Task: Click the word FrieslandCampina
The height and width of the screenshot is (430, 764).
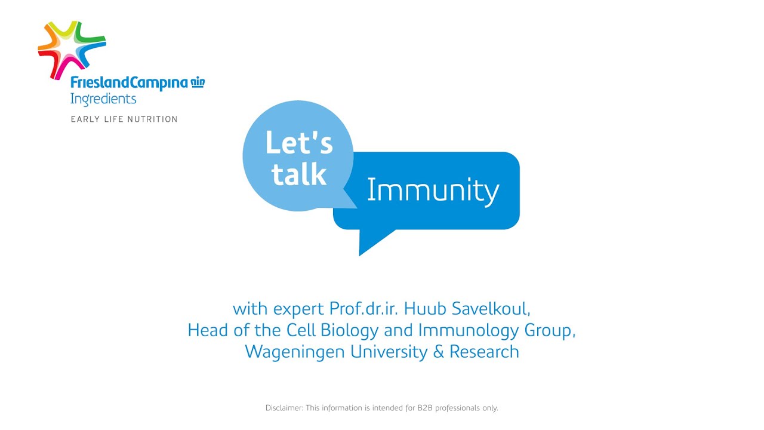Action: pos(129,83)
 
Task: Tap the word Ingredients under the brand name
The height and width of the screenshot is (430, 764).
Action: pos(103,99)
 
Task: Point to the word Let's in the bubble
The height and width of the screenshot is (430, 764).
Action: pos(299,143)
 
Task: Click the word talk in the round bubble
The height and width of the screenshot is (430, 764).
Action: pos(299,174)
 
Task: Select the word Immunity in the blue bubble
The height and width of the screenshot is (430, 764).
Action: pos(433,191)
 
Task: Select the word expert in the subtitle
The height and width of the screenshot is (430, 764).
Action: pos(299,309)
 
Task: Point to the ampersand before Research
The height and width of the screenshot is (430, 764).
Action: pos(439,351)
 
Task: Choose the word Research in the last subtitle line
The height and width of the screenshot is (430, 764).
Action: pos(484,351)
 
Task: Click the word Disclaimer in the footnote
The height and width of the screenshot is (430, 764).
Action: pos(284,408)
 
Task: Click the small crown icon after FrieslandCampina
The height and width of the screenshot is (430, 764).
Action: pos(198,82)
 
